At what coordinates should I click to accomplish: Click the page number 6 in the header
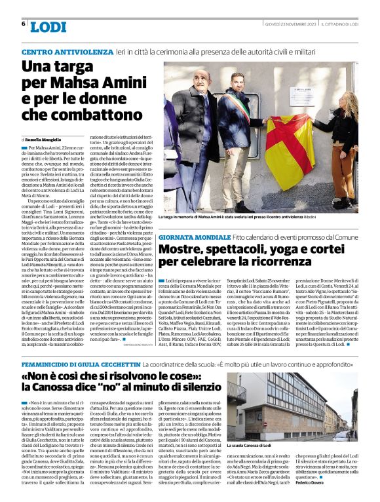[24, 24]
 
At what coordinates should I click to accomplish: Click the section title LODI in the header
[48, 27]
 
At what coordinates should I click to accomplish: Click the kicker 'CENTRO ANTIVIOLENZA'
[58, 51]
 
